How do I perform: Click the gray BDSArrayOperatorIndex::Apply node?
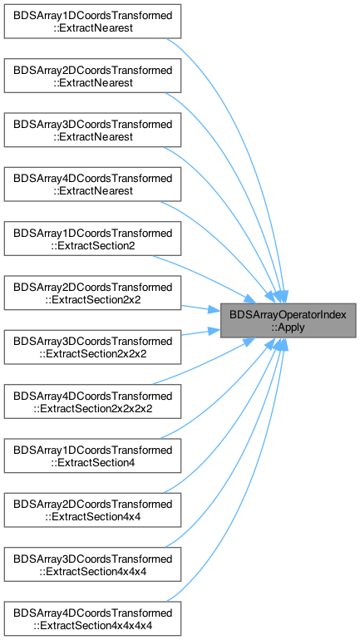pos(288,320)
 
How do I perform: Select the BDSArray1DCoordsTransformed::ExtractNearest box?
pos(92,22)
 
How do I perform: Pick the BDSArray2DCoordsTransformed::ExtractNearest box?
pos(92,76)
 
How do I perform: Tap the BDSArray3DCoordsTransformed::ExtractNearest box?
pos(92,130)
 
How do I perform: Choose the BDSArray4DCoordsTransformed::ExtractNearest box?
pos(92,185)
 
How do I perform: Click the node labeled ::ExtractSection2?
pos(92,239)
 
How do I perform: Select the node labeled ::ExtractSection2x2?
pos(92,293)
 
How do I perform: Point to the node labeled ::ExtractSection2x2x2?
pos(92,347)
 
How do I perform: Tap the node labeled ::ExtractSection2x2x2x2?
pos(92,401)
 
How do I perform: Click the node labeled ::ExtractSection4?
pos(92,456)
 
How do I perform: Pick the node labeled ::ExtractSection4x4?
pos(92,510)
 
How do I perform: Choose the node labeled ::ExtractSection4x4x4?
pos(92,564)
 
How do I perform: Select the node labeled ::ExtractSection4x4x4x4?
pos(92,618)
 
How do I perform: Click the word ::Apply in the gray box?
pos(288,327)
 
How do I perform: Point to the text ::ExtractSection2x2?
pos(93,300)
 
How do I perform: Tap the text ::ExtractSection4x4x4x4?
pos(93,626)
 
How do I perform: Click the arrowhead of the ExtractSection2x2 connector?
pos(215,310)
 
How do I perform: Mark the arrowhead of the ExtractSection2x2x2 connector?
pos(215,331)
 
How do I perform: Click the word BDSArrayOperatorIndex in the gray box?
pos(288,315)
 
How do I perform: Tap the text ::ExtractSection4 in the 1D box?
pos(93,463)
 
